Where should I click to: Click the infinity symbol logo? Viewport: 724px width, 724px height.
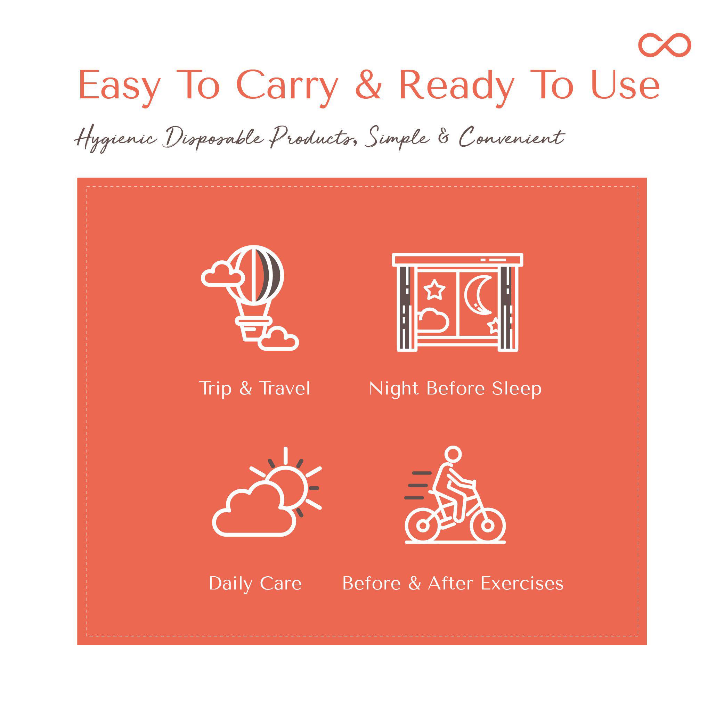coord(665,45)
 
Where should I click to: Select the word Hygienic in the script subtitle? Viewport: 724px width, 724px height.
coord(115,139)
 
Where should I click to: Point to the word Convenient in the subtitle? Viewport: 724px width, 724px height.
coord(512,137)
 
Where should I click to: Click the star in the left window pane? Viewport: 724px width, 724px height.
coord(434,290)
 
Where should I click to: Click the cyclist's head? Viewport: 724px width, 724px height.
coord(453,455)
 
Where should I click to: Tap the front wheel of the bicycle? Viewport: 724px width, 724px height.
coord(488,526)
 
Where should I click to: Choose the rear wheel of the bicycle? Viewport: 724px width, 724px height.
coord(423,526)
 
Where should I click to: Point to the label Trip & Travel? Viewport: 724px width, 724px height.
coord(255,389)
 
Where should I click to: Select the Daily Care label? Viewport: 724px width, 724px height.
coord(255,584)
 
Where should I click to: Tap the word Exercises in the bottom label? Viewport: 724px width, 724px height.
coord(522,584)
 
